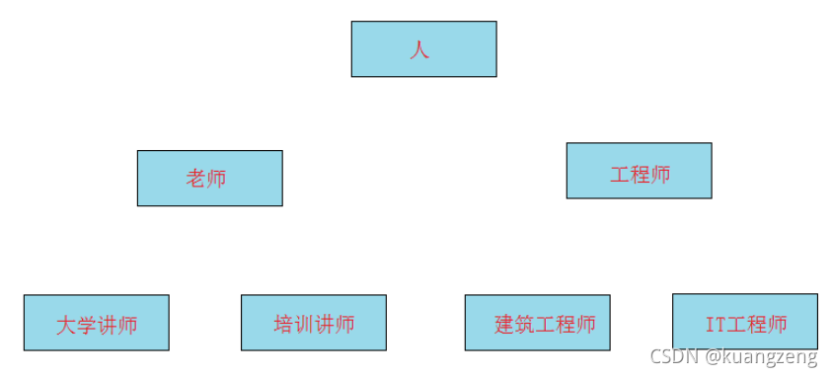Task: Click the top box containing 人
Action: (x=423, y=48)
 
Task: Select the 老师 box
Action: (x=209, y=178)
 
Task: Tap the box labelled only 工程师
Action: (x=639, y=171)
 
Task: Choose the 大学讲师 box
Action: (x=96, y=323)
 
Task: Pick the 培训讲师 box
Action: (x=313, y=323)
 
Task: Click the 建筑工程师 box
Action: (x=537, y=323)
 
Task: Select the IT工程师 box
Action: (x=744, y=321)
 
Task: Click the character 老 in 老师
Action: (x=195, y=179)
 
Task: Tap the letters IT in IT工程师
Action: (x=716, y=324)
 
